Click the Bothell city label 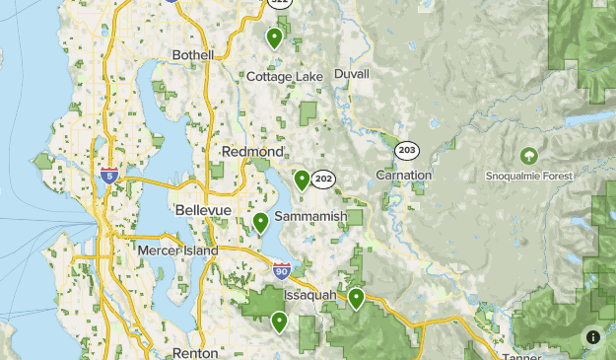192,55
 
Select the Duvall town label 352,74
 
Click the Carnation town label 404,175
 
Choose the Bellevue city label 203,211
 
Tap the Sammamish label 310,216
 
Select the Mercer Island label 177,252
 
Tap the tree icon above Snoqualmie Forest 529,156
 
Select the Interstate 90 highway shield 282,269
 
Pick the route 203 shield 406,150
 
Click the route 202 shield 323,180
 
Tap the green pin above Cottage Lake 274,37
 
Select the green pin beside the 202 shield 302,180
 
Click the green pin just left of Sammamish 260,222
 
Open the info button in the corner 593,337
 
